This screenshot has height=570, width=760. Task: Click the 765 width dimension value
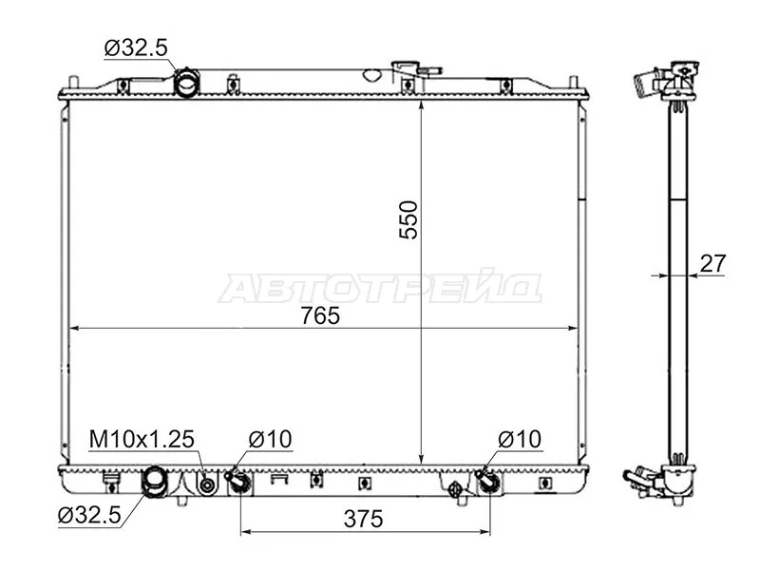(x=320, y=316)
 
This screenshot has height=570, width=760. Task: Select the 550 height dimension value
(x=408, y=219)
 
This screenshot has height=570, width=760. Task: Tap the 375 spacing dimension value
(x=363, y=519)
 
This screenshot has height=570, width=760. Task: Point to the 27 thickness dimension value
(x=713, y=264)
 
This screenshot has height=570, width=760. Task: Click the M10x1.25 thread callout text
(x=142, y=439)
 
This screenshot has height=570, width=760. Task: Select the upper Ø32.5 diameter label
(x=136, y=47)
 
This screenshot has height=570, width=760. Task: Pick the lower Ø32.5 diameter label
(x=89, y=515)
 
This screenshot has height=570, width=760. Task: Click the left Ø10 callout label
(x=271, y=439)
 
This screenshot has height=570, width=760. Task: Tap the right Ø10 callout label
(x=520, y=439)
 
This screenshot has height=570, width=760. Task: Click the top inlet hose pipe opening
(x=186, y=83)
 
